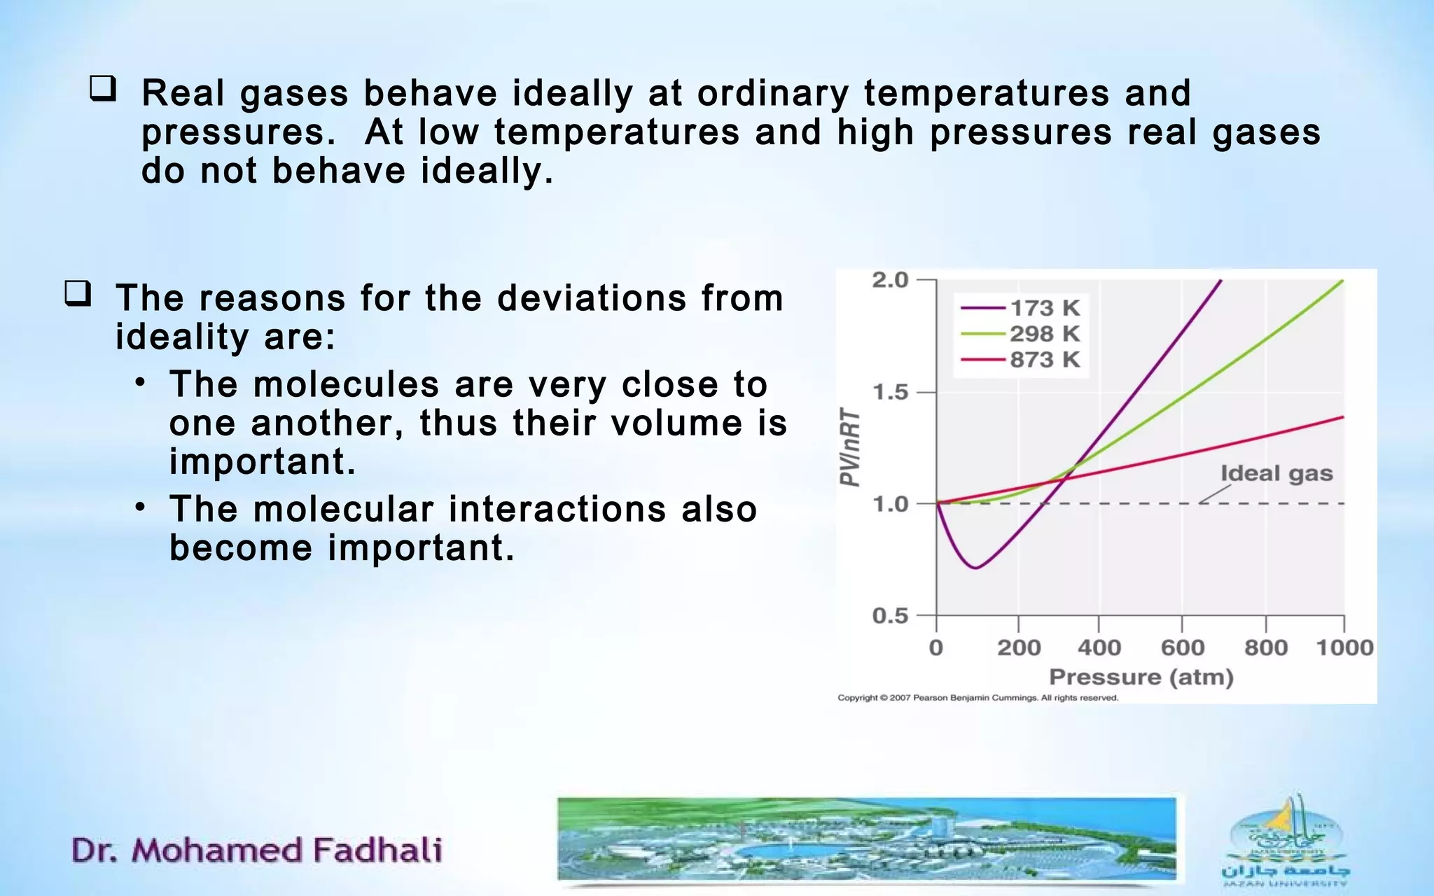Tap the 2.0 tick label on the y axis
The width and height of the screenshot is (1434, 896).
pyautogui.click(x=889, y=280)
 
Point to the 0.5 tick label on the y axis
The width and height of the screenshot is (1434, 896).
pyautogui.click(x=889, y=616)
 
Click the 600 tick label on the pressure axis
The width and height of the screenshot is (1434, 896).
pyautogui.click(x=1182, y=647)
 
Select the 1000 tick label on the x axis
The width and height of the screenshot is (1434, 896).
pyautogui.click(x=1344, y=647)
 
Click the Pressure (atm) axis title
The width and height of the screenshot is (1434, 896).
pyautogui.click(x=1141, y=677)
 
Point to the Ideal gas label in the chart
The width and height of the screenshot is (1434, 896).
pyautogui.click(x=1276, y=474)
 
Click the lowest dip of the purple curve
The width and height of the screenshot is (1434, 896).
pyautogui.click(x=975, y=567)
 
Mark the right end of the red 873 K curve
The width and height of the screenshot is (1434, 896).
pyautogui.click(x=1342, y=417)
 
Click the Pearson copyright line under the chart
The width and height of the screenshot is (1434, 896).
pyautogui.click(x=977, y=698)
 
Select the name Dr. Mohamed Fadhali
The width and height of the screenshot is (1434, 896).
pyautogui.click(x=256, y=850)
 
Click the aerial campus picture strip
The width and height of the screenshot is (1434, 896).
pyautogui.click(x=867, y=839)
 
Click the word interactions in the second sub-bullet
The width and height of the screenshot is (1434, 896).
pyautogui.click(x=557, y=509)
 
